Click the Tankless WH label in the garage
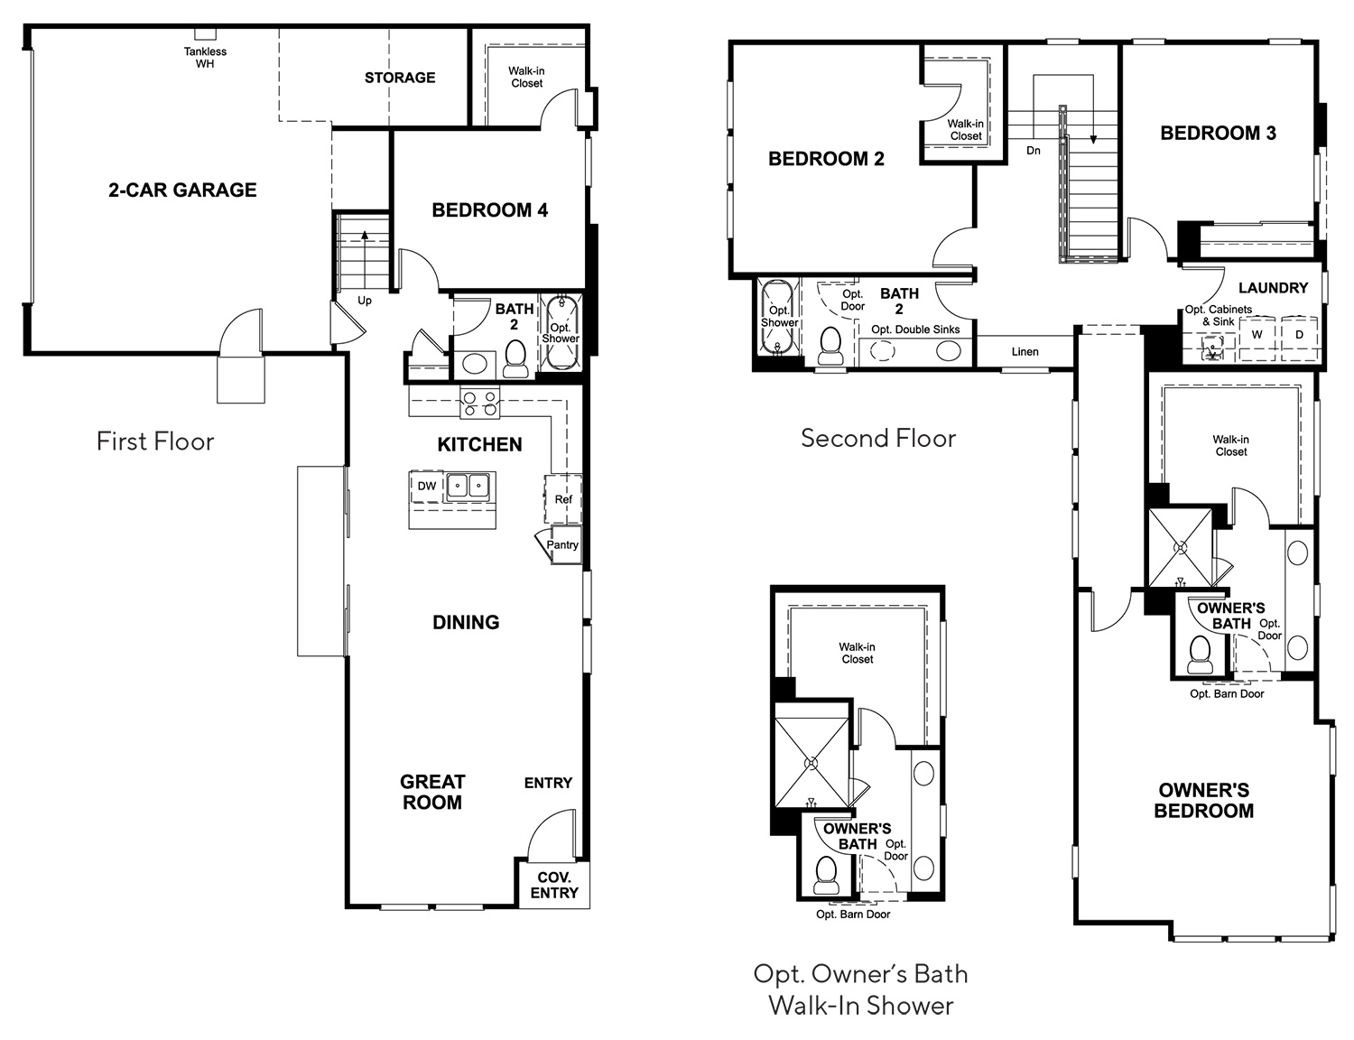point(205,58)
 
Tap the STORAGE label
point(399,78)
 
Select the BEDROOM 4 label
point(490,210)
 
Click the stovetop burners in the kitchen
point(479,403)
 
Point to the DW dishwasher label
point(427,486)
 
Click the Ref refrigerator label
point(563,499)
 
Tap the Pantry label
point(562,544)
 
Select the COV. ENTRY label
point(554,885)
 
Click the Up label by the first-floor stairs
point(365,301)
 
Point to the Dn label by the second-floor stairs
point(1034,150)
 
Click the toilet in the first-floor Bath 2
point(515,359)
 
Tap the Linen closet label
point(1025,351)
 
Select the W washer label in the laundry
point(1257,335)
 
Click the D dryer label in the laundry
point(1299,335)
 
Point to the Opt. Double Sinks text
point(915,330)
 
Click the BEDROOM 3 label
point(1219,133)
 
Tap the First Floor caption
point(155,441)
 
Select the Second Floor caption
point(878,438)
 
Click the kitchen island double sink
point(469,486)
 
